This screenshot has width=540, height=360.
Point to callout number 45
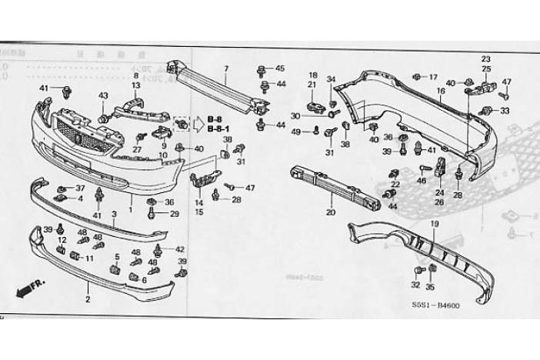(279, 68)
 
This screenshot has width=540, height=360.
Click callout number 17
(432, 77)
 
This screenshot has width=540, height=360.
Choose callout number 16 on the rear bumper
(442, 90)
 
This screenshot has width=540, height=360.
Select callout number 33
(505, 111)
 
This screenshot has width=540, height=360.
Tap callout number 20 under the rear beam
(331, 212)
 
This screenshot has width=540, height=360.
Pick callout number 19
(434, 224)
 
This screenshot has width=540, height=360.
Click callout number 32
(416, 284)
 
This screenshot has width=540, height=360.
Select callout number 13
(136, 85)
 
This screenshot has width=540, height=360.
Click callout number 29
(173, 213)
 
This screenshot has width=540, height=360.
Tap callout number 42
(180, 249)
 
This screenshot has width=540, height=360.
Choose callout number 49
(296, 132)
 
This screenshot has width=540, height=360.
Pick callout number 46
(421, 180)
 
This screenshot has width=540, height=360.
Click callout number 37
(80, 188)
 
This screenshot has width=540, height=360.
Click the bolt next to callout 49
(315, 132)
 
